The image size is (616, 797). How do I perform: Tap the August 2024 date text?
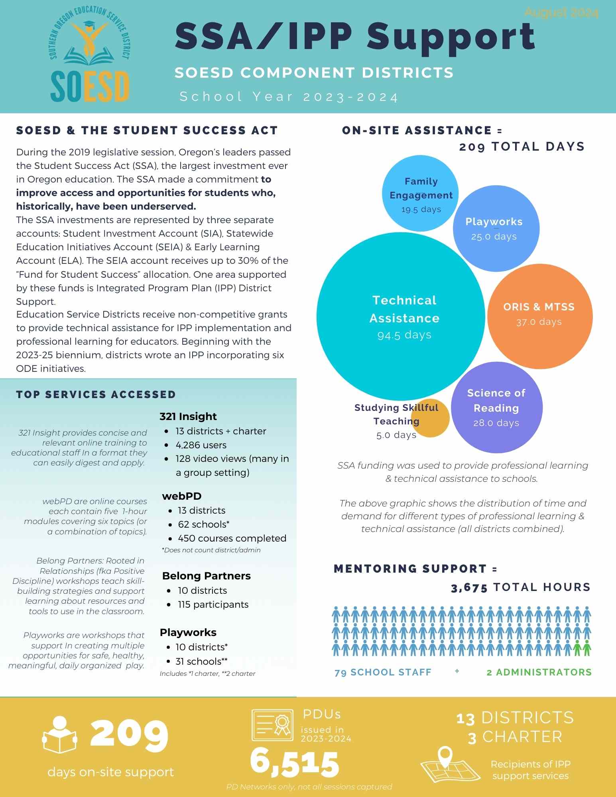coord(561,13)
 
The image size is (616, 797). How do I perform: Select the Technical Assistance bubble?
coord(401,316)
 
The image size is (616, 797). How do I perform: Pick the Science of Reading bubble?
coord(497,407)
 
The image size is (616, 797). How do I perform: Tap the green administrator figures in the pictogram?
coord(582,648)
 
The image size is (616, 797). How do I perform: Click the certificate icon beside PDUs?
coord(272,725)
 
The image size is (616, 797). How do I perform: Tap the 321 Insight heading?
coord(188,416)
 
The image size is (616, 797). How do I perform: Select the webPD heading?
coord(181,496)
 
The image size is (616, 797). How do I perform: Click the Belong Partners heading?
coord(206,576)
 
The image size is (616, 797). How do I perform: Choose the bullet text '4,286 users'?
coord(201,445)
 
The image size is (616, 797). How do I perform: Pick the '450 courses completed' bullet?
coord(232,538)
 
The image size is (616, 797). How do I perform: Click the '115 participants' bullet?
coord(213,605)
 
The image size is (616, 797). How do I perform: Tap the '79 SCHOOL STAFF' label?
coord(383,672)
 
